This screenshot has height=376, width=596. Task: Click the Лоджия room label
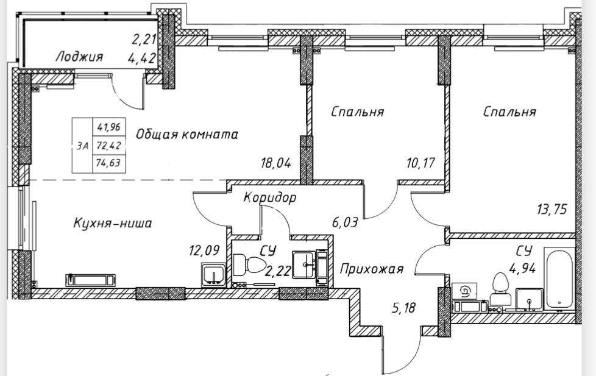[79, 57]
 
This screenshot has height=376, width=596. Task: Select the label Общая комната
[186, 134]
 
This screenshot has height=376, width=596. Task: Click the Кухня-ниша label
[110, 224]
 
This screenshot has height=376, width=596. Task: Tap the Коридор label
[269, 197]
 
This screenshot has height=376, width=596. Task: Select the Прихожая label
[372, 269]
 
